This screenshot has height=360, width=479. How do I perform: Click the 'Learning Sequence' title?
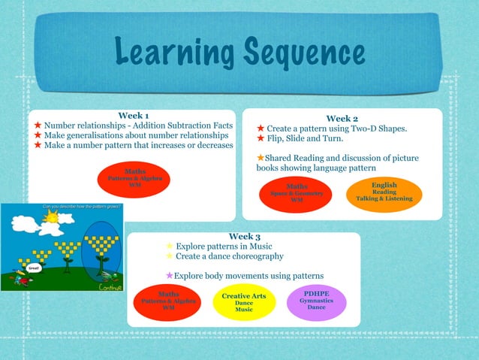pyautogui.click(x=240, y=53)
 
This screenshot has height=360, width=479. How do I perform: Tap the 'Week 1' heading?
pyautogui.click(x=133, y=114)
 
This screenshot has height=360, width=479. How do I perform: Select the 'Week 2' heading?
pyautogui.click(x=342, y=118)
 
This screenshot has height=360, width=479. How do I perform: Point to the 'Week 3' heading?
pyautogui.click(x=244, y=236)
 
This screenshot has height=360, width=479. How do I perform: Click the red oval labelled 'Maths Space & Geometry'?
pyautogui.click(x=297, y=194)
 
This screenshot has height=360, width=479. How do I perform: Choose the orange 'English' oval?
pyautogui.click(x=384, y=192)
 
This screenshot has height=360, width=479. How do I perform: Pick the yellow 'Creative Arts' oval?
pyautogui.click(x=244, y=303)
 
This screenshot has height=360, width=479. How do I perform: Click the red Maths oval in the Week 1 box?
pyautogui.click(x=135, y=178)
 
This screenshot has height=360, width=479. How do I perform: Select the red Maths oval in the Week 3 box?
pyautogui.click(x=169, y=301)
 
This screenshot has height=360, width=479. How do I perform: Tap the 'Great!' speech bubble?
pyautogui.click(x=34, y=268)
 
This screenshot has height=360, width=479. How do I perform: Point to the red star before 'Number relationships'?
pyautogui.click(x=36, y=125)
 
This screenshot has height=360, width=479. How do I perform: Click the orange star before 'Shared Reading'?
pyautogui.click(x=261, y=158)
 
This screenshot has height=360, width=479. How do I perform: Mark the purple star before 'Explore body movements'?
pyautogui.click(x=170, y=276)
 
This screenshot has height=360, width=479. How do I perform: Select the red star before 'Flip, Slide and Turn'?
pyautogui.click(x=261, y=138)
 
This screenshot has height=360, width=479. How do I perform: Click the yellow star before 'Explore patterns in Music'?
pyautogui.click(x=170, y=246)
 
